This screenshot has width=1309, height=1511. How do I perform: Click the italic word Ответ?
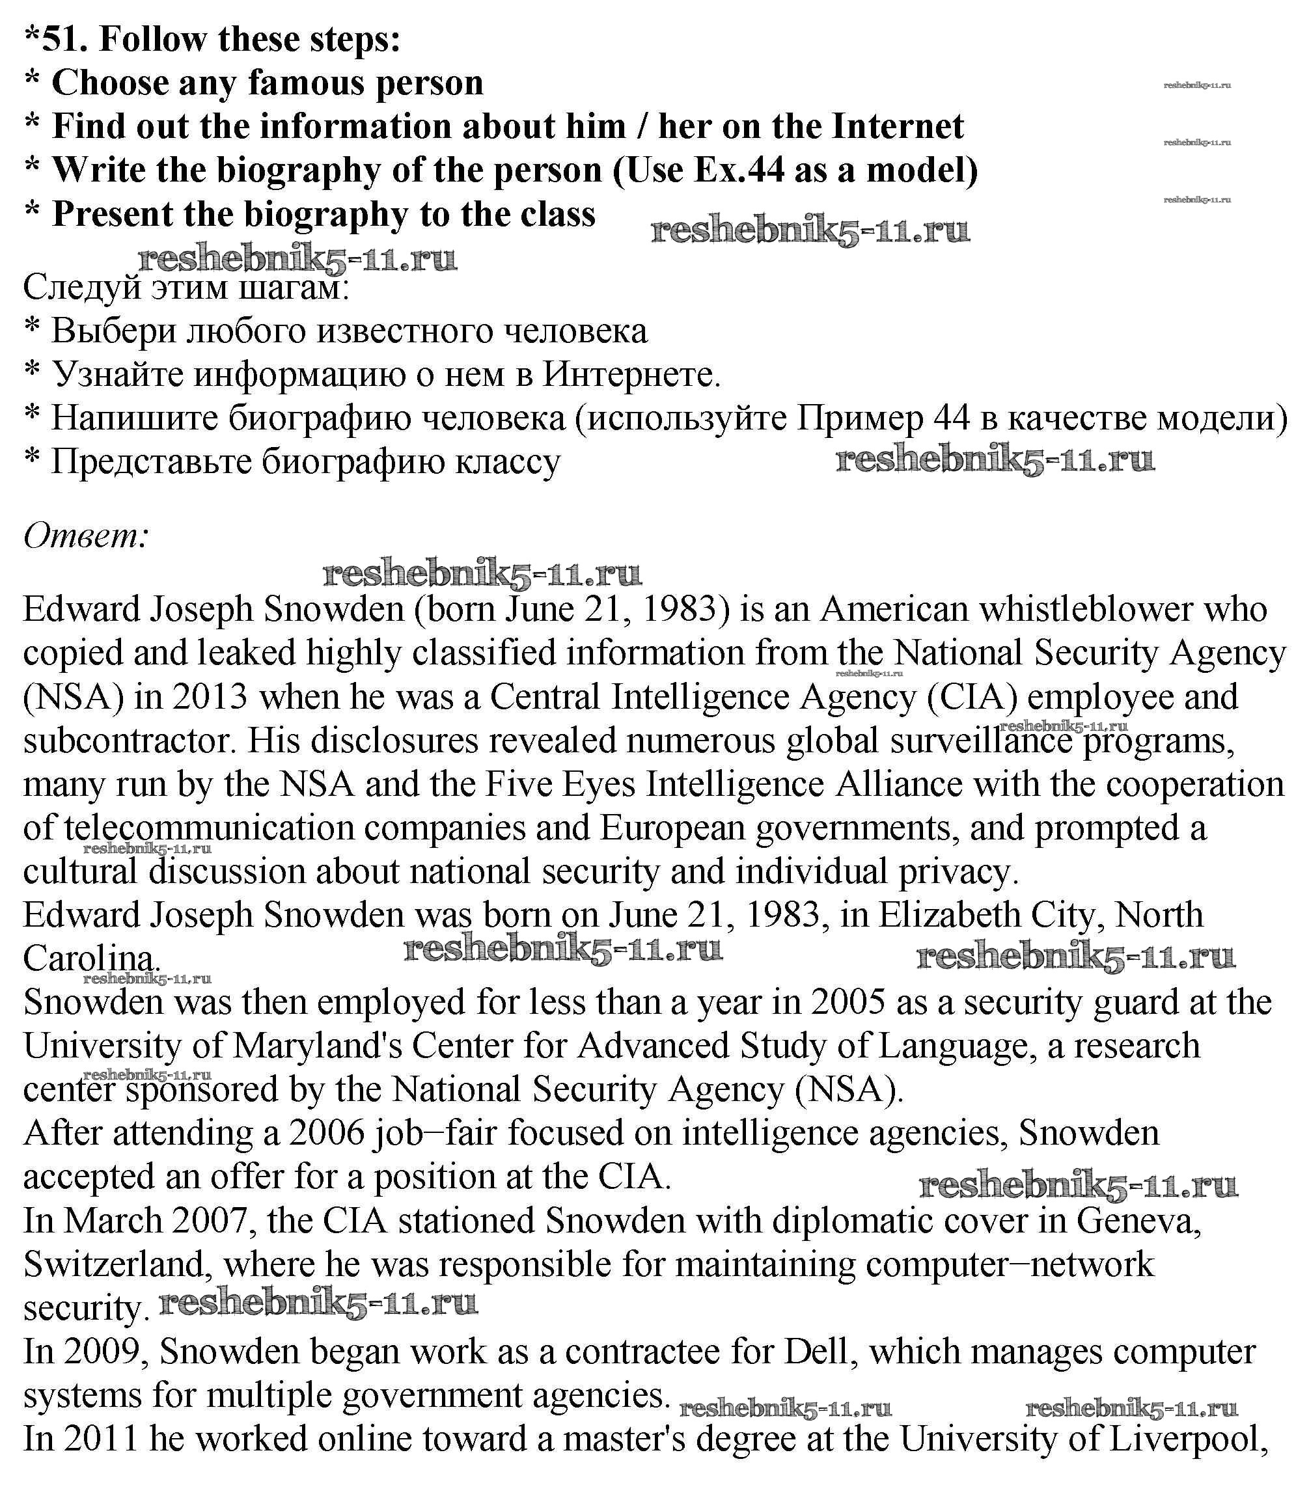[x=86, y=537]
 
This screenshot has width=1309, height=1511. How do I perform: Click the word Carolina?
[x=91, y=959]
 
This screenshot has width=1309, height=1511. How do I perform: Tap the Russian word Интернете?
[x=631, y=375]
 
